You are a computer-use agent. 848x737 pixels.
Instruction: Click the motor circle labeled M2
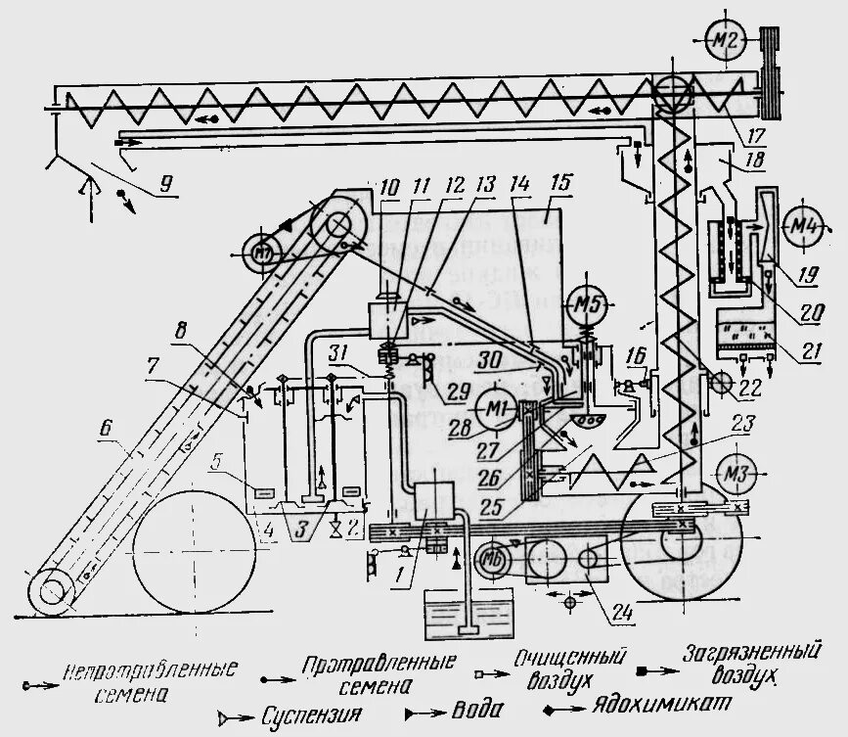click(x=728, y=39)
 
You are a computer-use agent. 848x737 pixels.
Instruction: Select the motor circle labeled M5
click(x=586, y=303)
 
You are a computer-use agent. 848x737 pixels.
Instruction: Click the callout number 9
click(x=165, y=181)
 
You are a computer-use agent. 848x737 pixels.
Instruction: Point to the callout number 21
click(x=808, y=350)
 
